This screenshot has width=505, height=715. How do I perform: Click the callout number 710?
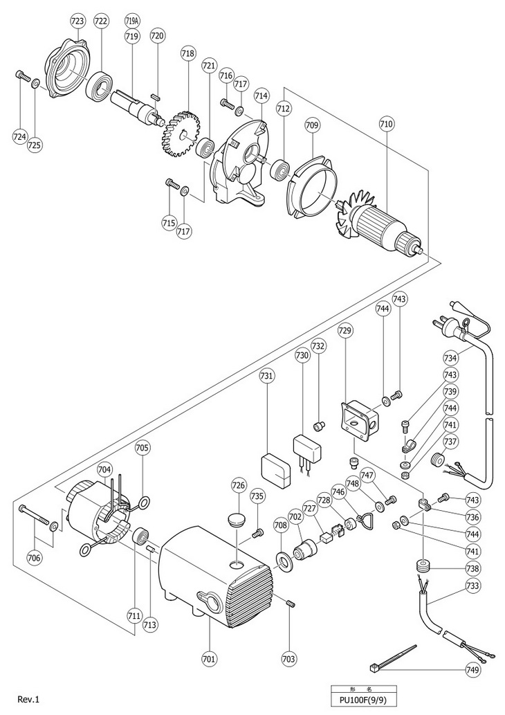386,124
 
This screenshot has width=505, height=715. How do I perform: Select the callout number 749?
472,670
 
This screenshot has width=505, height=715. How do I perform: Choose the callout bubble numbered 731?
267,375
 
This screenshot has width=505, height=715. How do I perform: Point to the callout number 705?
142,448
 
